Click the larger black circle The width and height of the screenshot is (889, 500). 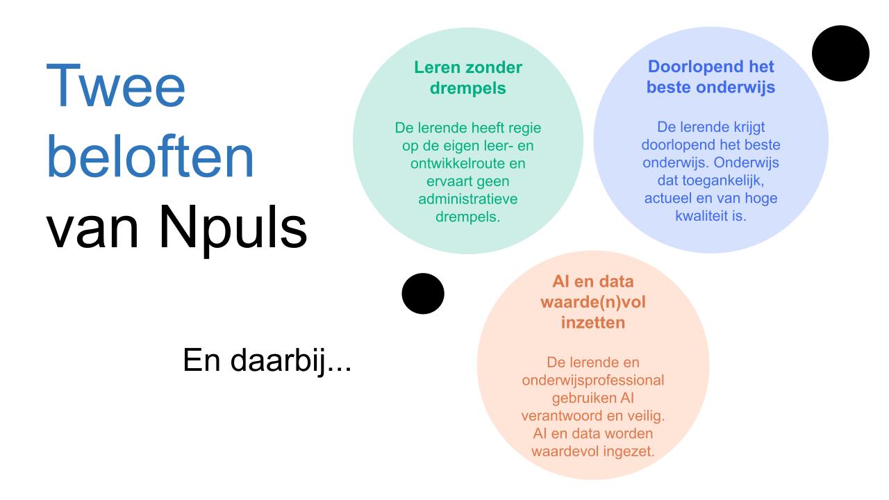(x=840, y=53)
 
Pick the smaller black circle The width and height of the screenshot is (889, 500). (x=422, y=293)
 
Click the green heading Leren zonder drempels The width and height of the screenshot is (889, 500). (x=467, y=78)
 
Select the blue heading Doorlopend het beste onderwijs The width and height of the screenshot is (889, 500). (x=710, y=78)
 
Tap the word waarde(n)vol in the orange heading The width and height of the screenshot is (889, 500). (x=593, y=303)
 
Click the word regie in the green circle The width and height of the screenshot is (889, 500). (x=523, y=128)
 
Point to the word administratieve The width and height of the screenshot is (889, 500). (x=467, y=199)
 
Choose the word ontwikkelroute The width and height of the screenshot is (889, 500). (x=449, y=164)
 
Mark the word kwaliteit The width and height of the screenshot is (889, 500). (x=700, y=217)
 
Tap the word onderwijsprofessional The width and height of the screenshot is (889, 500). (x=593, y=380)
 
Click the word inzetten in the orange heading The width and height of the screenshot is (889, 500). (x=593, y=322)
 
